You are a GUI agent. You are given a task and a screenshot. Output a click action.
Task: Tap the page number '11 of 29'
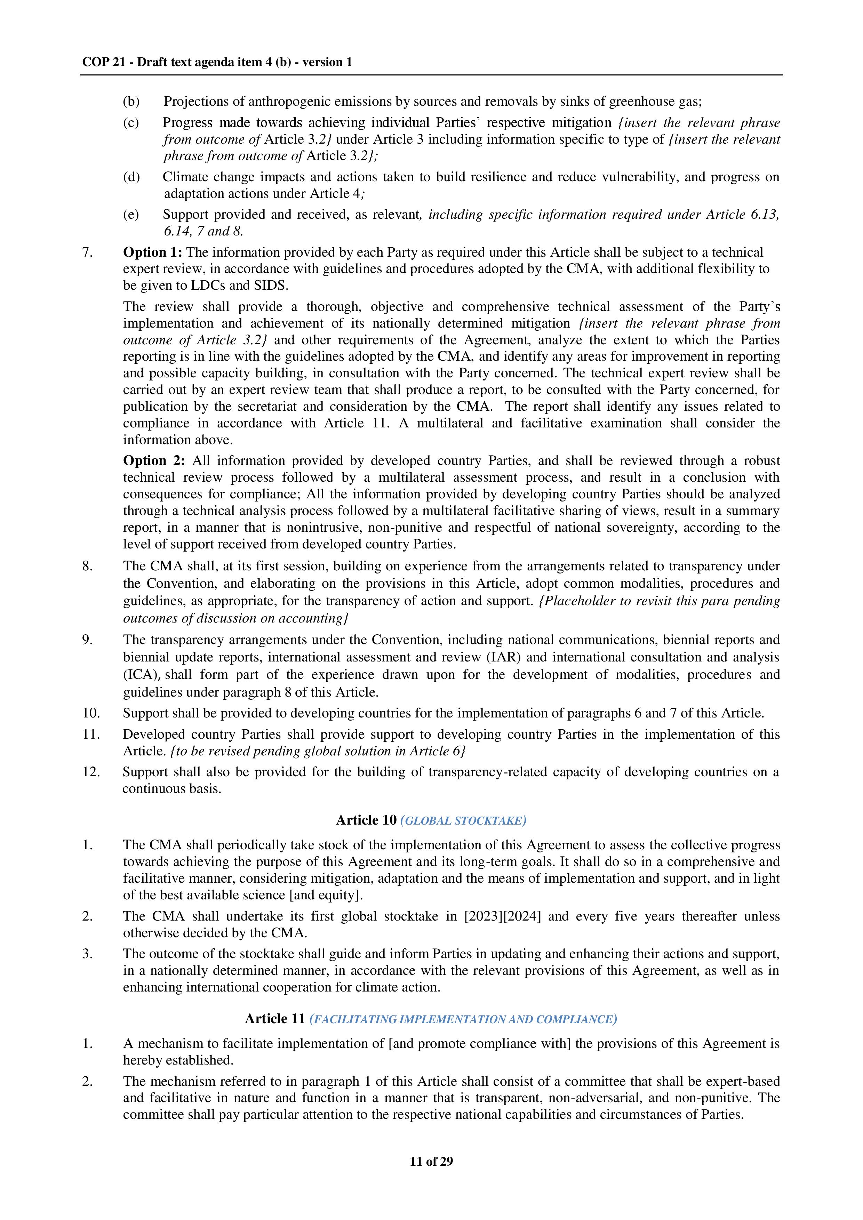pyautogui.click(x=431, y=1161)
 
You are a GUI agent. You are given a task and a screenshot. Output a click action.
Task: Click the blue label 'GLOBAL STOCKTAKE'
pyautogui.click(x=463, y=821)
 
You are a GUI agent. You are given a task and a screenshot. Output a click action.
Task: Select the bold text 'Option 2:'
pyautogui.click(x=154, y=461)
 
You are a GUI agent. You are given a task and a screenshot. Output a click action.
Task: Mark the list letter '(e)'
pyautogui.click(x=131, y=215)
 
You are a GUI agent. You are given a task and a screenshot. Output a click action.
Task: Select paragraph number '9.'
pyautogui.click(x=88, y=640)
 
